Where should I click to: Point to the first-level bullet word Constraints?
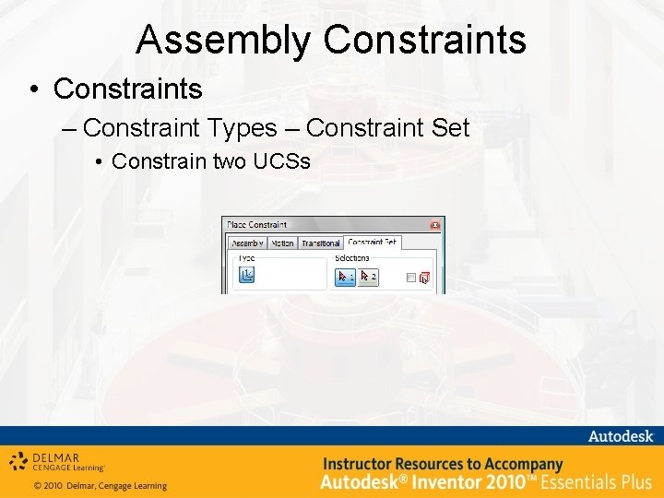127,89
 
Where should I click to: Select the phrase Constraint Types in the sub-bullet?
180,127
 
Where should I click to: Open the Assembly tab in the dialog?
248,243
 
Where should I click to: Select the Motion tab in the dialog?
281,243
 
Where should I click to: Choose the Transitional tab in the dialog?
320,243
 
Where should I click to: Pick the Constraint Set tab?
372,243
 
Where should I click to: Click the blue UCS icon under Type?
246,274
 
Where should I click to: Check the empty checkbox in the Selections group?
411,278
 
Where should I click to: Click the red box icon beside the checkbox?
424,278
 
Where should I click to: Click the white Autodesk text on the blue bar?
620,436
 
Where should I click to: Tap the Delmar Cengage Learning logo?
57,461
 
